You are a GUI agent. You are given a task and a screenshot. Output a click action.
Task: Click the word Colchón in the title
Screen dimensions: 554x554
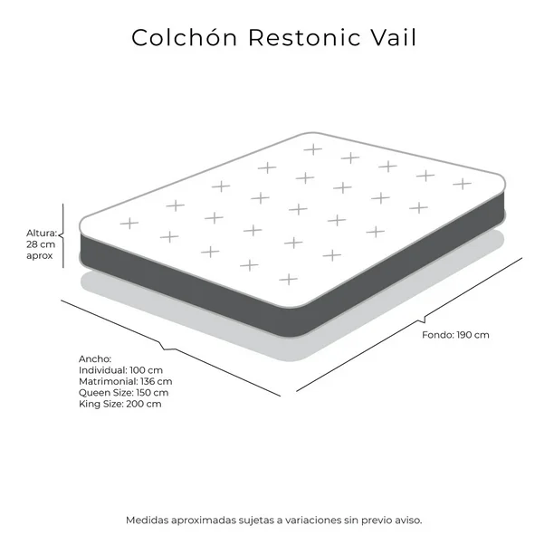pyautogui.click(x=184, y=37)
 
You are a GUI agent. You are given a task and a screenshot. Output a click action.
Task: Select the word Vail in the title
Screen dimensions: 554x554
pyautogui.click(x=393, y=37)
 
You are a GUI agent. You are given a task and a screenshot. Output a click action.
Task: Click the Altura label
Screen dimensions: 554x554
pyautogui.click(x=42, y=233)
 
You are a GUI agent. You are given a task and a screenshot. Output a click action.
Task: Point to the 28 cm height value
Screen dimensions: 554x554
pyautogui.click(x=41, y=244)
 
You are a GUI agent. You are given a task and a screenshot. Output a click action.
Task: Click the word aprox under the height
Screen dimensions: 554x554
pyautogui.click(x=39, y=256)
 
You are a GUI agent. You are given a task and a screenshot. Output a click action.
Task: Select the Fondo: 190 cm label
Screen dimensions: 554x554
pyautogui.click(x=455, y=335)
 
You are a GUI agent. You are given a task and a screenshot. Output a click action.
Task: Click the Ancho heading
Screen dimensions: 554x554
pyautogui.click(x=95, y=359)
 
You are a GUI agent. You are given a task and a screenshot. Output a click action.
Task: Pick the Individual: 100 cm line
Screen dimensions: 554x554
pyautogui.click(x=120, y=370)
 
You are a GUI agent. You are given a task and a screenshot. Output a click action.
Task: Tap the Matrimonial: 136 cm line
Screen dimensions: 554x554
pyautogui.click(x=126, y=382)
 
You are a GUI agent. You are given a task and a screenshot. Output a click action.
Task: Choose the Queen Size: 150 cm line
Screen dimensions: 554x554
pyautogui.click(x=123, y=393)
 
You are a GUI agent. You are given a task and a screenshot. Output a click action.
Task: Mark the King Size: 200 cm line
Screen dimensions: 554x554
pyautogui.click(x=119, y=404)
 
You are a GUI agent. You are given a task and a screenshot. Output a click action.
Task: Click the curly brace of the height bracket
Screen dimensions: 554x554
pyautogui.click(x=61, y=235)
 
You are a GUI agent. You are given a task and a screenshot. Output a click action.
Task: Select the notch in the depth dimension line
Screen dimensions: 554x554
pyautogui.click(x=422, y=319)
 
